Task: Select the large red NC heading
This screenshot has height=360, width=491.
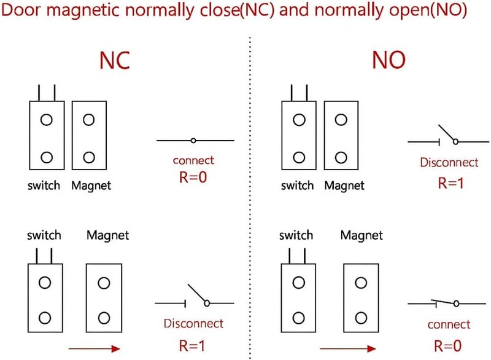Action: [x=115, y=60]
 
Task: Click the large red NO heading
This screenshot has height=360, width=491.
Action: [x=388, y=60]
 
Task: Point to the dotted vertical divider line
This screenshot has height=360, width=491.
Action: [x=250, y=184]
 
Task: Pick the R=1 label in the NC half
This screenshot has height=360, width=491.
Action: [x=193, y=345]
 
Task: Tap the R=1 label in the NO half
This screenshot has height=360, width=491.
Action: [x=449, y=182]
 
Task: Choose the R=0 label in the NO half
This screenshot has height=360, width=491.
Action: [x=448, y=345]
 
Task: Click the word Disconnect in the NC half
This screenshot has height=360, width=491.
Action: [x=193, y=323]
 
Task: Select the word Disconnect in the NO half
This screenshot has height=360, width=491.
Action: [x=449, y=163]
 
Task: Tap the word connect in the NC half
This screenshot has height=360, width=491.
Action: [x=193, y=160]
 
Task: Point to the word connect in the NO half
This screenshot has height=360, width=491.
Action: [x=449, y=324]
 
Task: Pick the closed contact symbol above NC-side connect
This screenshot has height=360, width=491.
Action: [x=194, y=141]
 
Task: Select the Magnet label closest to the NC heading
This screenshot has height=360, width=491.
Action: [x=91, y=186]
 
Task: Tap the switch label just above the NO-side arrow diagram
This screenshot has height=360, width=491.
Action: [x=296, y=235]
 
